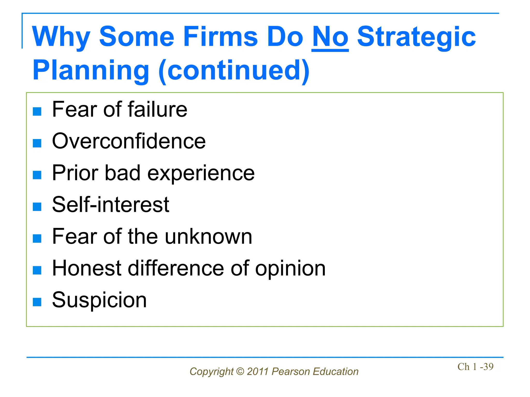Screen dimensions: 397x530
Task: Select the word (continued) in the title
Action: point(234,71)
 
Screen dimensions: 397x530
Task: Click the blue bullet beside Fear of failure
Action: point(37,111)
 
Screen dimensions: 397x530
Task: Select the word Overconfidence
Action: point(129,141)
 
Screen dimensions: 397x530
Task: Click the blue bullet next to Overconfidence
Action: point(37,143)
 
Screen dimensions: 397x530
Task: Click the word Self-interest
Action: point(111,205)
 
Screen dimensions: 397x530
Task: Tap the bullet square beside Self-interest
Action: point(37,207)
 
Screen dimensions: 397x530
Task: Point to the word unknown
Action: point(209,236)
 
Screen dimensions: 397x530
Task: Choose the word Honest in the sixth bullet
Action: point(86,268)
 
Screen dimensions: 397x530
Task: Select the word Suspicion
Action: point(99,300)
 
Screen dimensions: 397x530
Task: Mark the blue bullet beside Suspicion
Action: point(37,302)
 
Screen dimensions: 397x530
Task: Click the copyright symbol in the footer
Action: point(240,372)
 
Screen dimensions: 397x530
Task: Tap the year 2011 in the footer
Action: point(257,372)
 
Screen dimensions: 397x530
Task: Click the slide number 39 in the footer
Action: point(488,367)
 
